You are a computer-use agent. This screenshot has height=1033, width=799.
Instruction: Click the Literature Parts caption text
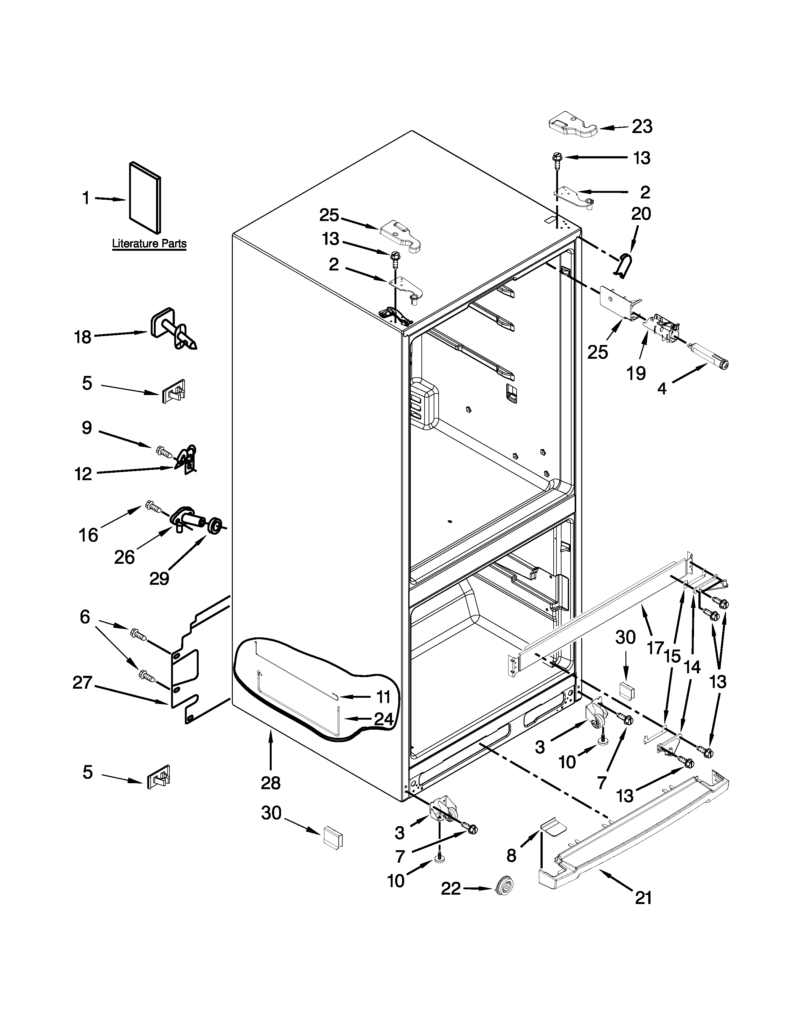coord(149,244)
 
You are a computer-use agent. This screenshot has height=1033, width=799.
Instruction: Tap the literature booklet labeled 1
coord(144,198)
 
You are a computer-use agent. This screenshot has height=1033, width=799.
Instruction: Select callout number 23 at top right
coord(641,127)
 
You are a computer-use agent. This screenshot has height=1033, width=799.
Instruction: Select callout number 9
coord(86,428)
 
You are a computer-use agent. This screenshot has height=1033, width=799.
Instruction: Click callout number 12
coord(83,473)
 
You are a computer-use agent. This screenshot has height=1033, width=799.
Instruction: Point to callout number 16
coord(88,535)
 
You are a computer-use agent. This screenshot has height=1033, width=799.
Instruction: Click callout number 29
coord(159,578)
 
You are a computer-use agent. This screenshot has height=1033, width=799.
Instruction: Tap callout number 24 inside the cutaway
coord(384,719)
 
